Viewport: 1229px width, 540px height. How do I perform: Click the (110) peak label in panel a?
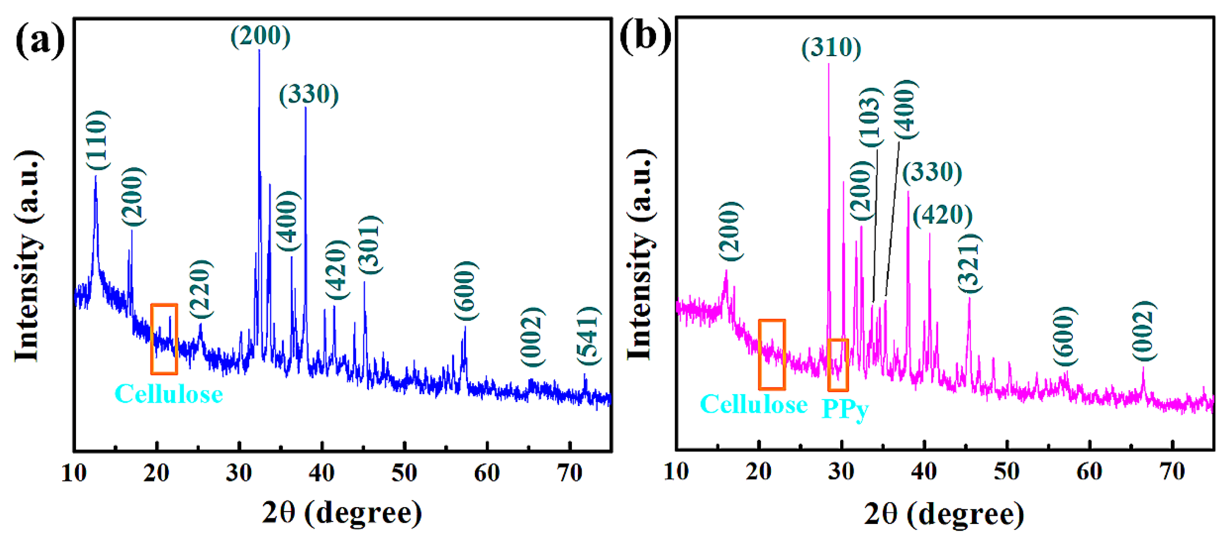coord(98,140)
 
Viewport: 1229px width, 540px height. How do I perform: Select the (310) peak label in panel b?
coord(831,48)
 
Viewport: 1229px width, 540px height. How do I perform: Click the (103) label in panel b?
coord(871,118)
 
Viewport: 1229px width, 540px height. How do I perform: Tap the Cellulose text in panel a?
coord(168,394)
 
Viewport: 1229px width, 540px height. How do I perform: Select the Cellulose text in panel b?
coord(753,405)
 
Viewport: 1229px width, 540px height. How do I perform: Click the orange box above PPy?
coord(838,365)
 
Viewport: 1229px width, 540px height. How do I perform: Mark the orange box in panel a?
coord(164,339)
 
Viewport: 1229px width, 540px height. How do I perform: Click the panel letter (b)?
coord(645,36)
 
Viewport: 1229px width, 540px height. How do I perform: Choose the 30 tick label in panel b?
coord(841,472)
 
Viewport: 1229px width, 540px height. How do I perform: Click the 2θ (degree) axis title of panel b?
coord(944,514)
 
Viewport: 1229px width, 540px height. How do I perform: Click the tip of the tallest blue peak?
coord(259,50)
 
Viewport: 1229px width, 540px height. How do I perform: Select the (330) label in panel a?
coord(309,94)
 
